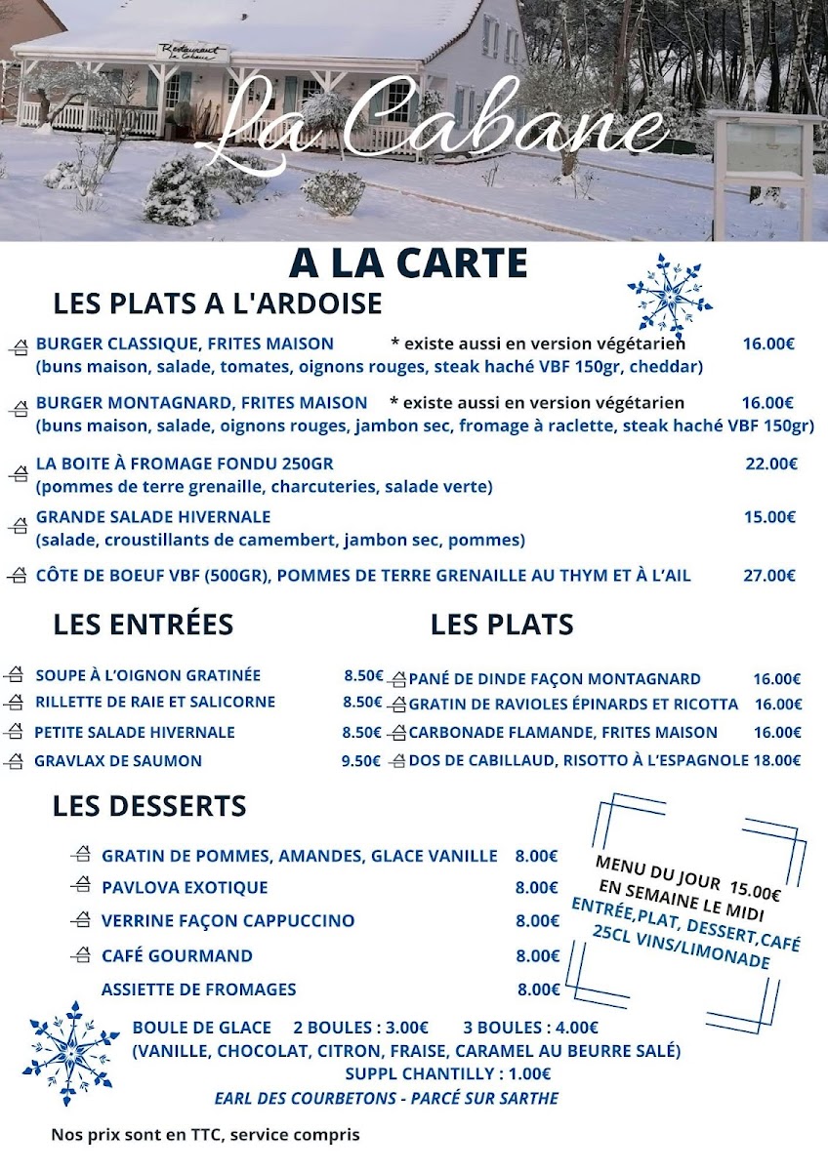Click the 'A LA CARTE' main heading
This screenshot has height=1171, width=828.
[x=408, y=263]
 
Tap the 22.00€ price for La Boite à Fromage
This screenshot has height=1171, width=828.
[x=771, y=464]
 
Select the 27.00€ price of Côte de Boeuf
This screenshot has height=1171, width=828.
[x=769, y=576]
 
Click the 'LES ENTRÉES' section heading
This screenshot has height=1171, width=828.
[x=144, y=625]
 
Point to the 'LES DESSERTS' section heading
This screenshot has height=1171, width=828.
[x=149, y=807]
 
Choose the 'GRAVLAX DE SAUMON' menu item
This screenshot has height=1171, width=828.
[x=118, y=761]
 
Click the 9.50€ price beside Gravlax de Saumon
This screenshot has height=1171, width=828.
[x=361, y=761]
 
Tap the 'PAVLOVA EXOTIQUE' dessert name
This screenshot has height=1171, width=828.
[x=185, y=888]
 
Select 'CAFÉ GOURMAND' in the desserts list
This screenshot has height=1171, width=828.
[x=177, y=956]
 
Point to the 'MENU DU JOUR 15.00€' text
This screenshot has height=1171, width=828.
[x=687, y=875]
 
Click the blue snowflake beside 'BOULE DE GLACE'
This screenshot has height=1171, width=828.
[x=70, y=1053]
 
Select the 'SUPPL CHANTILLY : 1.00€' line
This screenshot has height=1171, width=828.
[x=448, y=1074]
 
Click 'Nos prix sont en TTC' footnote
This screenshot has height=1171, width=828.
[x=205, y=1135]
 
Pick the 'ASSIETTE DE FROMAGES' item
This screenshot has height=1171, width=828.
[x=199, y=989]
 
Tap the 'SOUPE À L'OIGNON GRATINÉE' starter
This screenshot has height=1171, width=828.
[x=148, y=675]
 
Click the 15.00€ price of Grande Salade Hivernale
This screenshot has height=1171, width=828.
[x=769, y=517]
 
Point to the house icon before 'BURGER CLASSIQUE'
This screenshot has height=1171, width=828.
[x=20, y=347]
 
